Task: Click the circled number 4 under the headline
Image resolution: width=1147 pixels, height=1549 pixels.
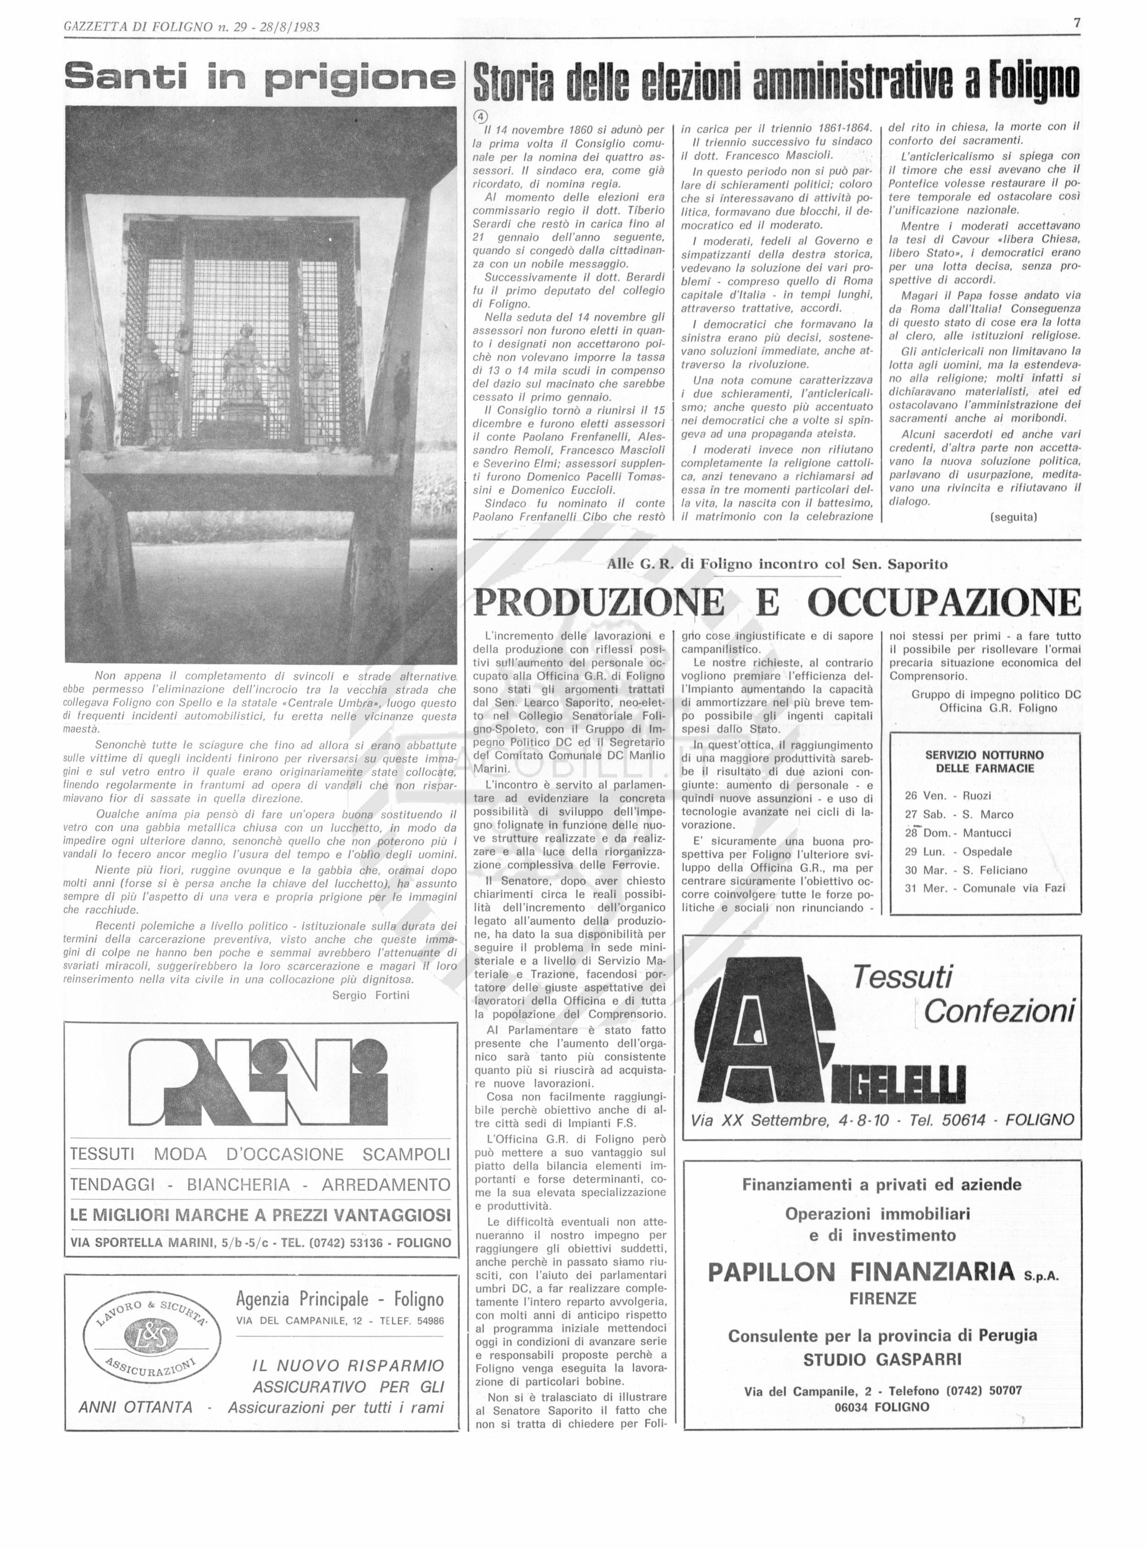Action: point(480,116)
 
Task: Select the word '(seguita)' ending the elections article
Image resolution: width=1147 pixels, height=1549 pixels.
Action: point(1013,517)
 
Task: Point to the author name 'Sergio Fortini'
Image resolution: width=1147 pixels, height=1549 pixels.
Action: point(371,995)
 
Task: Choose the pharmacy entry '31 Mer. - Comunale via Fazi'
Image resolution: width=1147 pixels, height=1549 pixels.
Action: point(985,888)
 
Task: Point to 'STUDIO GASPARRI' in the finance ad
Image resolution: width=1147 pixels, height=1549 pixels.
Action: point(882,1360)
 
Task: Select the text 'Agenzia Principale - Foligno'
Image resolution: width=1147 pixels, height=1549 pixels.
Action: point(340,1299)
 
